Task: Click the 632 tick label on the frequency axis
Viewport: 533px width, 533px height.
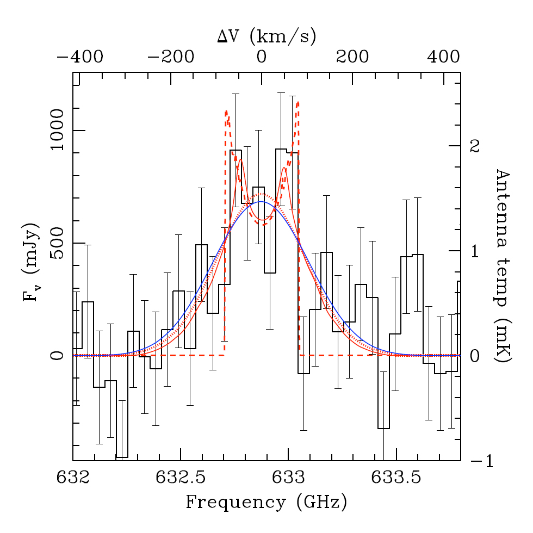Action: tap(73, 478)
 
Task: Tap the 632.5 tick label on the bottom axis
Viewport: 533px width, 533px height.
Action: tap(181, 478)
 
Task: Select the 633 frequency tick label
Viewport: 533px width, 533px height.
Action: tap(288, 478)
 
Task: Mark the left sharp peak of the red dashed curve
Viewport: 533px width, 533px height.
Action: tap(226, 111)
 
